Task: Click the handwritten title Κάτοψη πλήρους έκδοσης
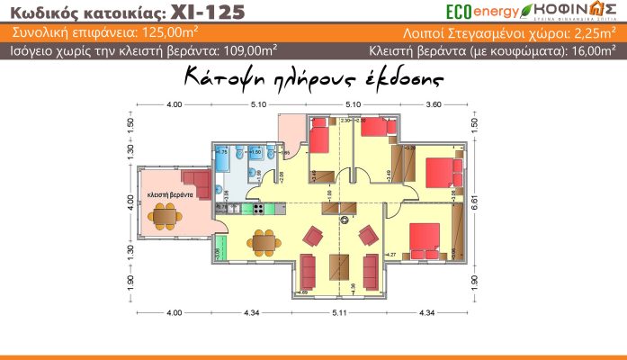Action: (313, 79)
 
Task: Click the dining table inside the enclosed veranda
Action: (165, 215)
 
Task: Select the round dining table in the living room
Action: (263, 241)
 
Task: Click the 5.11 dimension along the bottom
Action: (340, 311)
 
